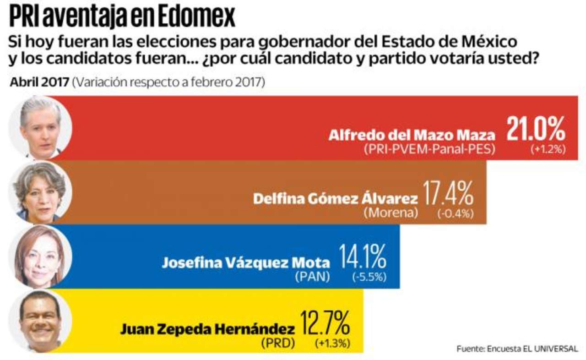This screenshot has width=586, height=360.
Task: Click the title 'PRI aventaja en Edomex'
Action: pos(122,17)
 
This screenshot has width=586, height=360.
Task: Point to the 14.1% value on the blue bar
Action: pos(362,257)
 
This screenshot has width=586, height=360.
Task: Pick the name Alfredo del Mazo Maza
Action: pos(412,136)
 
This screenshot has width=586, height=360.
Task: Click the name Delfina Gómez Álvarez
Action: pos(336,199)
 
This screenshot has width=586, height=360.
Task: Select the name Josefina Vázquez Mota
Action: pos(245,263)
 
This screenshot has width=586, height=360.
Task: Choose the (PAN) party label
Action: pos(313,277)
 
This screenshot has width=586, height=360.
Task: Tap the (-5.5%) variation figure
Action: pos(369,277)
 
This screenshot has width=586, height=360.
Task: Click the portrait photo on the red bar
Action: pos(41,128)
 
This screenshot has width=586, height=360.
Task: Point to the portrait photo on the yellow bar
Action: pos(41,321)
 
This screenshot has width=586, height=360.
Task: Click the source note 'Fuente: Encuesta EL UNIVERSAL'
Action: pos(517,349)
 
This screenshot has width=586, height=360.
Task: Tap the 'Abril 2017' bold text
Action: pos(40,84)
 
